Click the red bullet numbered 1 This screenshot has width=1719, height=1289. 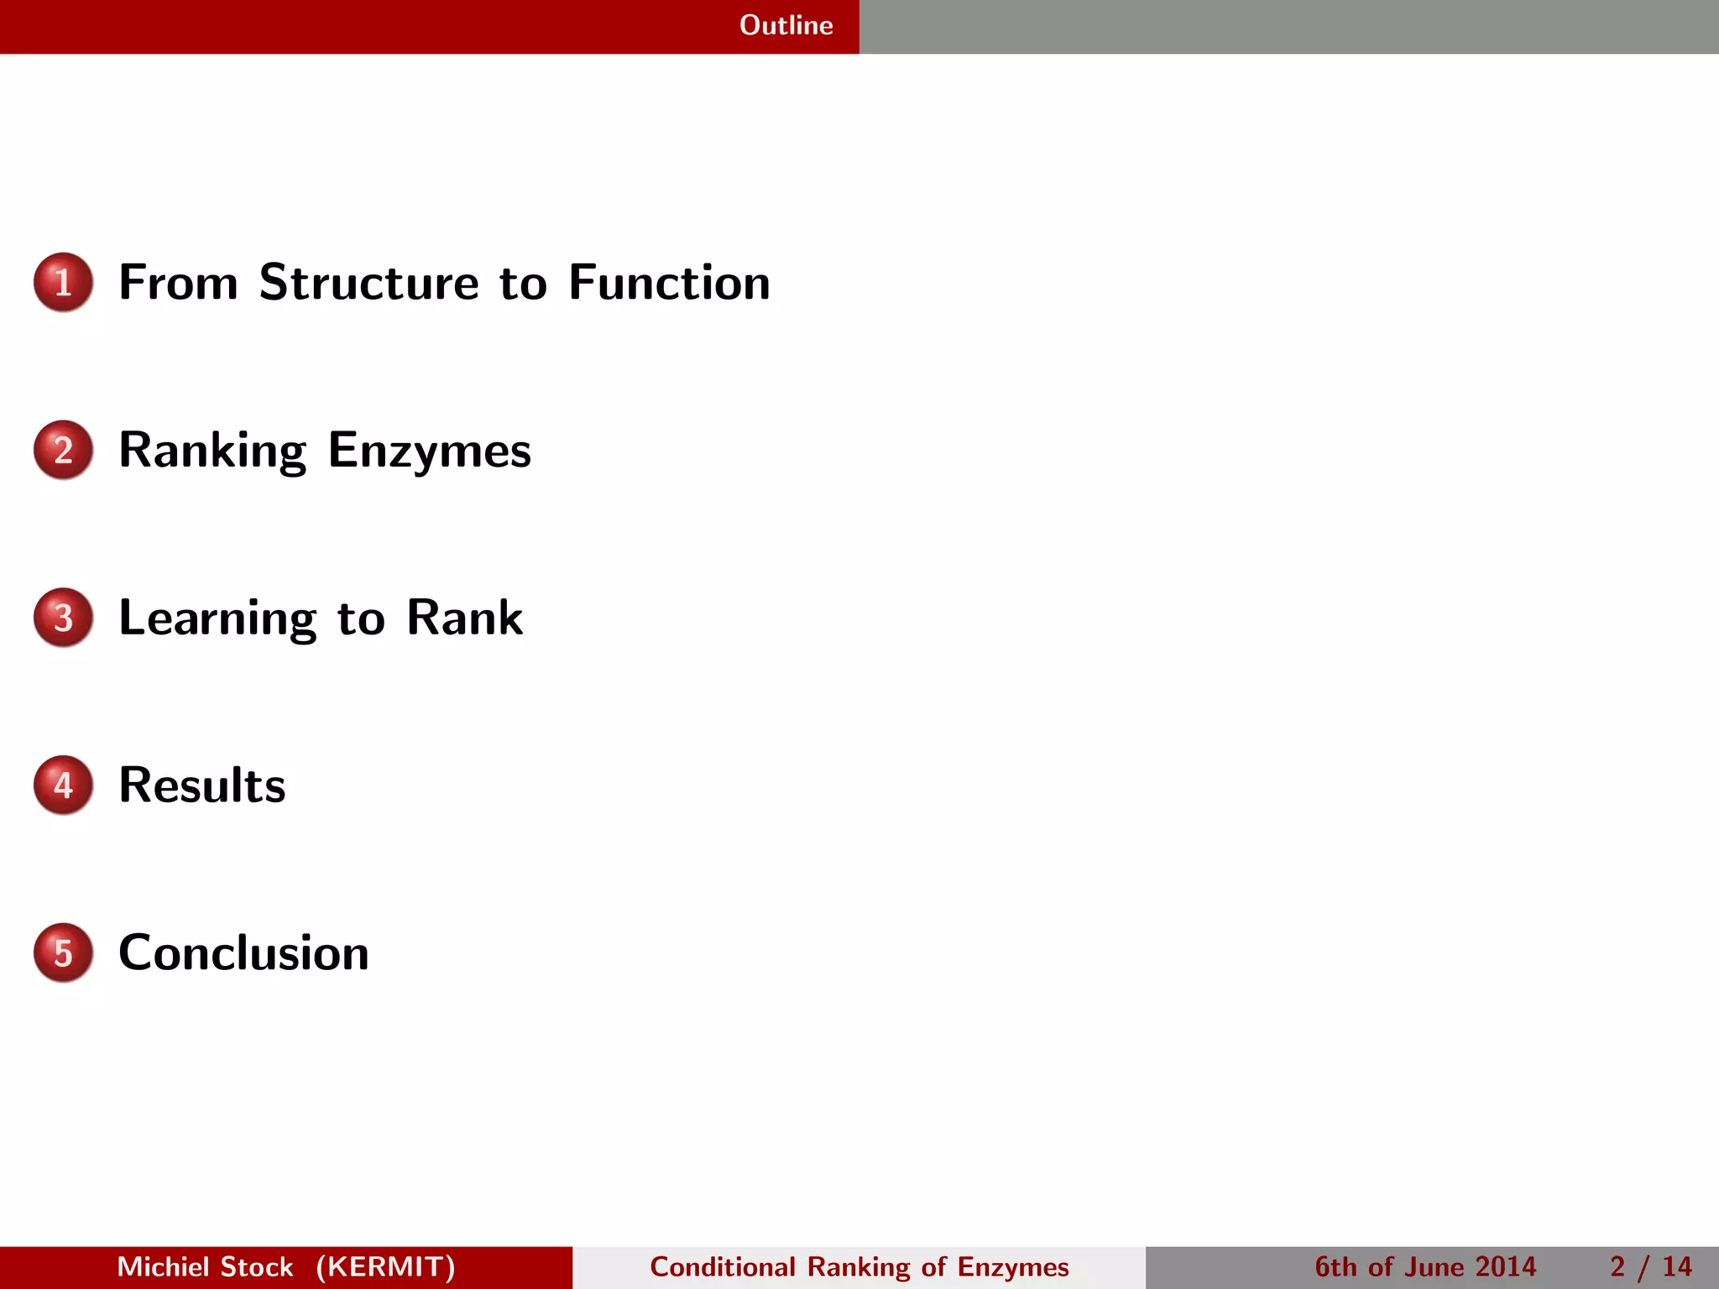63,282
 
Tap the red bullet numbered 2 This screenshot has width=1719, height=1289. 63,450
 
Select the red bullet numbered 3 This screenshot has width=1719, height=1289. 63,618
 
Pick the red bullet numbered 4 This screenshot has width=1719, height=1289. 63,785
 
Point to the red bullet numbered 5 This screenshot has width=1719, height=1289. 63,953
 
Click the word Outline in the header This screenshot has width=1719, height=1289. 786,25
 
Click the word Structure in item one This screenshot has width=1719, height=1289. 368,282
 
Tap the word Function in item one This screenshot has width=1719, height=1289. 669,282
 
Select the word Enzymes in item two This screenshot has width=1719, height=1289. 429,451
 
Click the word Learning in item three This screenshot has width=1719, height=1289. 217,619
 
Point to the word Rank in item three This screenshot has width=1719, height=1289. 464,618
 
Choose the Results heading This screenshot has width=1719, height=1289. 202,785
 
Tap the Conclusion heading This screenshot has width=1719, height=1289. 243,953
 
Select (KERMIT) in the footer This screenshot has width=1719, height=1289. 385,1267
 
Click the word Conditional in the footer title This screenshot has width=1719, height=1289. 722,1267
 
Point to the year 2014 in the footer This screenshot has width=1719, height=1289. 1505,1267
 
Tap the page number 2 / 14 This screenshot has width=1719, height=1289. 1650,1267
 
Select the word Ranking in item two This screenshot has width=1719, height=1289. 212,451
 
